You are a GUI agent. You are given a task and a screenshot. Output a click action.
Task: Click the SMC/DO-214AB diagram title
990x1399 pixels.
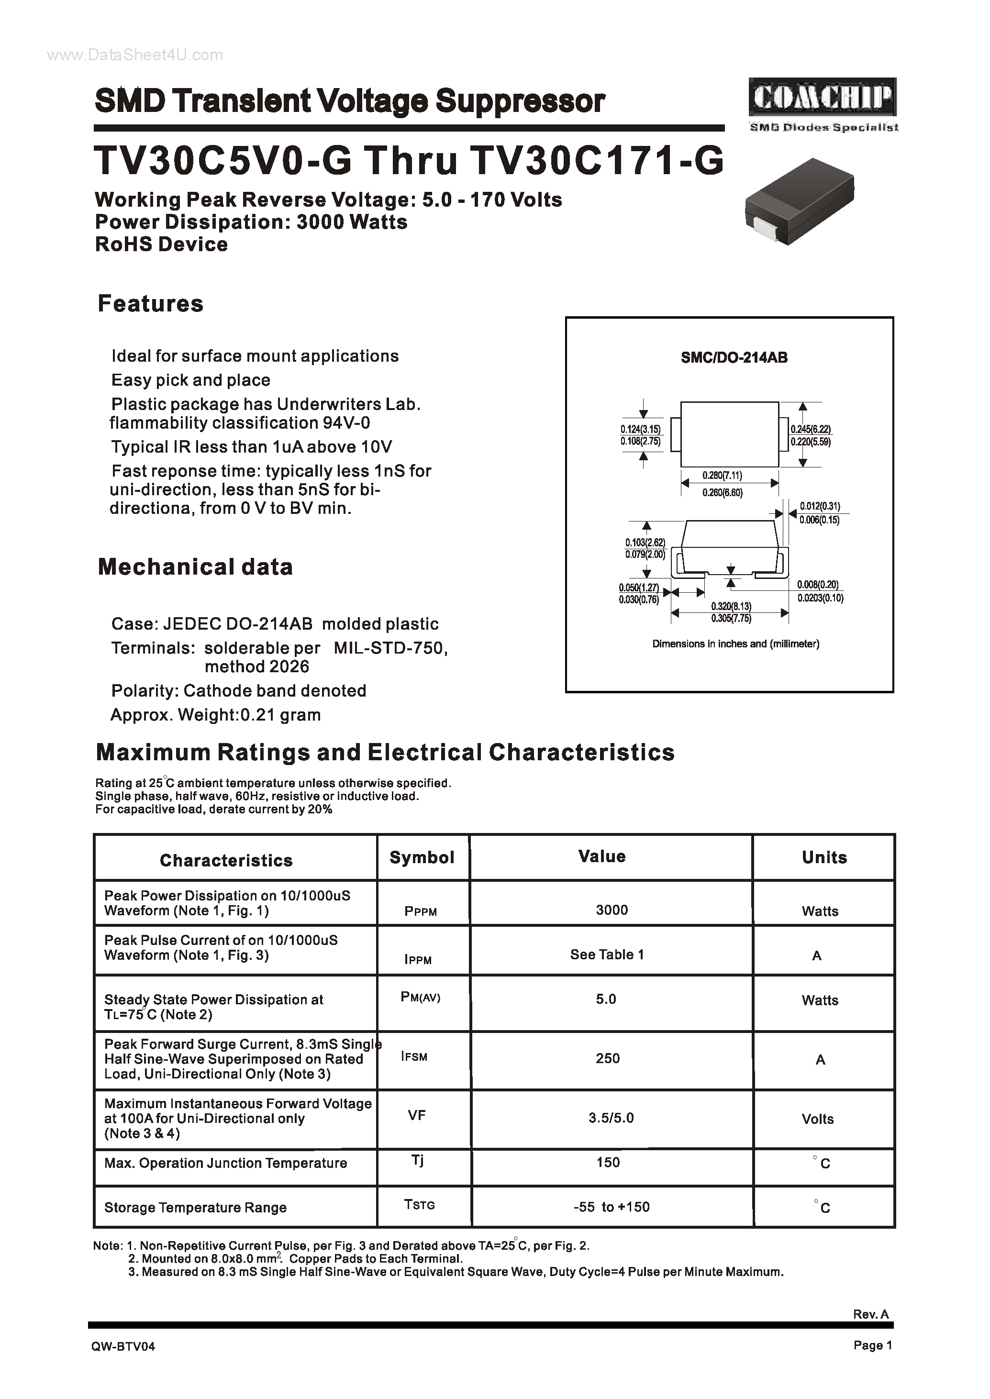(734, 358)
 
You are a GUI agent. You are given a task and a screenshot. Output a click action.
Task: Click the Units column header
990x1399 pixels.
(824, 858)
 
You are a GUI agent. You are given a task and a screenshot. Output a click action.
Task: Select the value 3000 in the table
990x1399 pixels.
(612, 910)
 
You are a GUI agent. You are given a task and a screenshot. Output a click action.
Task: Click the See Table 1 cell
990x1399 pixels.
(607, 955)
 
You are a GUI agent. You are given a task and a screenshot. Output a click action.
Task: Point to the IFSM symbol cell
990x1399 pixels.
(414, 1056)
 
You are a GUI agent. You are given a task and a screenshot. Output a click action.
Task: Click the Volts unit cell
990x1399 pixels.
(817, 1119)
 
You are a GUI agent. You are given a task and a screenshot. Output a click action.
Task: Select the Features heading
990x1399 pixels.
(151, 303)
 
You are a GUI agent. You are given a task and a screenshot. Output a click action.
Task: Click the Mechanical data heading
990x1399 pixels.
(195, 567)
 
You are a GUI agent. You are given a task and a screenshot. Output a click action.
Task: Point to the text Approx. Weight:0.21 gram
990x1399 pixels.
(215, 715)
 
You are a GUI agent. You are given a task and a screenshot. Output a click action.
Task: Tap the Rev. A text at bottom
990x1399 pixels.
(870, 1314)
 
